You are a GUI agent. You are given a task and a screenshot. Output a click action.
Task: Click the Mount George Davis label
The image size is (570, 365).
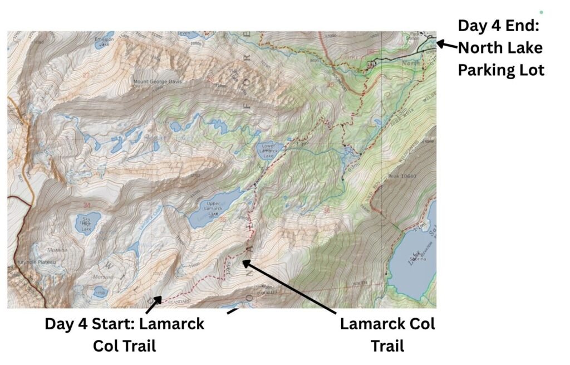click(158, 82)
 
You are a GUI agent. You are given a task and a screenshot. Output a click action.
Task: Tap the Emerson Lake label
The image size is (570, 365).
click(104, 41)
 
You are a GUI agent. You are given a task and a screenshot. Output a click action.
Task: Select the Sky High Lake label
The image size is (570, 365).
click(86, 221)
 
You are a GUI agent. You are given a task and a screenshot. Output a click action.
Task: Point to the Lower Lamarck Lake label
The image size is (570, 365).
click(267, 151)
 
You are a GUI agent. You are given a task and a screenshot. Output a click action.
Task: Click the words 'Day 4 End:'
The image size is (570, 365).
click(499, 26)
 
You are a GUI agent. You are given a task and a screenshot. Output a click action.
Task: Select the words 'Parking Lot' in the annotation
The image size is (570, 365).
click(501, 71)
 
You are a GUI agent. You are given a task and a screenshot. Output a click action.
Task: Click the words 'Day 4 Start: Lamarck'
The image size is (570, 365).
click(124, 324)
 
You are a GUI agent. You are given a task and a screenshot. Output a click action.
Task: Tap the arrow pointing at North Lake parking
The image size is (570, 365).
click(446, 44)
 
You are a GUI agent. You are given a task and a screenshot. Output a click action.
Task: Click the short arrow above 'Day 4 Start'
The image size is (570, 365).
click(153, 304)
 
